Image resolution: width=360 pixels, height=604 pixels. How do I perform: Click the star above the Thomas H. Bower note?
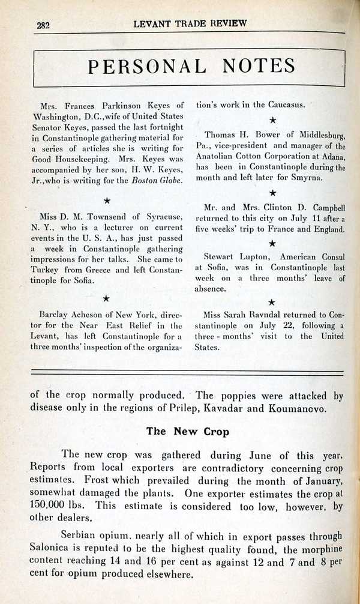[272, 121]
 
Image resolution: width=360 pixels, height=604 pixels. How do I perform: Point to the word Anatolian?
[220, 157]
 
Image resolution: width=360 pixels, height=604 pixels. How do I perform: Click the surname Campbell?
[323, 207]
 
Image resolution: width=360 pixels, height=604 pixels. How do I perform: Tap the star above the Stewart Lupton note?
[272, 243]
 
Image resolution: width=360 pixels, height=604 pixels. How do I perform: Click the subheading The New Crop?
[186, 430]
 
